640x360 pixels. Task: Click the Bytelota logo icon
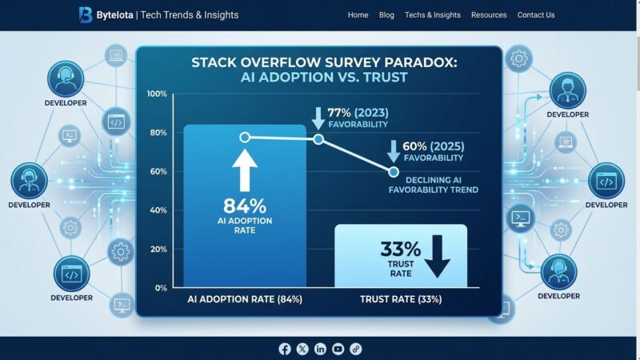(x=86, y=14)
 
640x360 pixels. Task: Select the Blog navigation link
(x=386, y=15)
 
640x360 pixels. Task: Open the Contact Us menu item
(x=536, y=15)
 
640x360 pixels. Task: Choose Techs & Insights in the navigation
(x=433, y=15)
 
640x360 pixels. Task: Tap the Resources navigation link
(x=489, y=15)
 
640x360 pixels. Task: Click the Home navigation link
(x=358, y=15)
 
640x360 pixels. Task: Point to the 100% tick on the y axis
(x=157, y=94)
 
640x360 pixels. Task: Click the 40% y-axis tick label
(x=158, y=210)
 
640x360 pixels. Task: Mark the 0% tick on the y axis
(x=161, y=287)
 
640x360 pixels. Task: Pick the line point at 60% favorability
(x=394, y=172)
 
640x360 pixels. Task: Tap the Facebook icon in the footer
(x=285, y=349)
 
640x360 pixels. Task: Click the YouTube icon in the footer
(x=338, y=349)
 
